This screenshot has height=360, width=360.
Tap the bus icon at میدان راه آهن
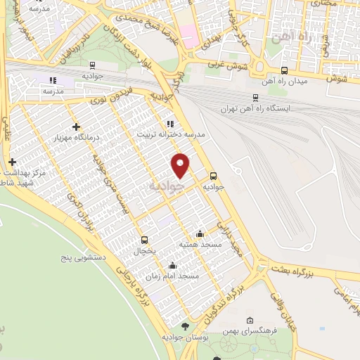click(x=283, y=70)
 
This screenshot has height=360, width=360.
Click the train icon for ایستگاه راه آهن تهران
click(x=255, y=98)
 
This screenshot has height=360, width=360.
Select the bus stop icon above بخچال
click(x=144, y=239)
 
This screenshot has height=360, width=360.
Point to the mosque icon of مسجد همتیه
click(x=200, y=233)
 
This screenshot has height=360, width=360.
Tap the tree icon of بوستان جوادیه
click(x=185, y=326)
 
